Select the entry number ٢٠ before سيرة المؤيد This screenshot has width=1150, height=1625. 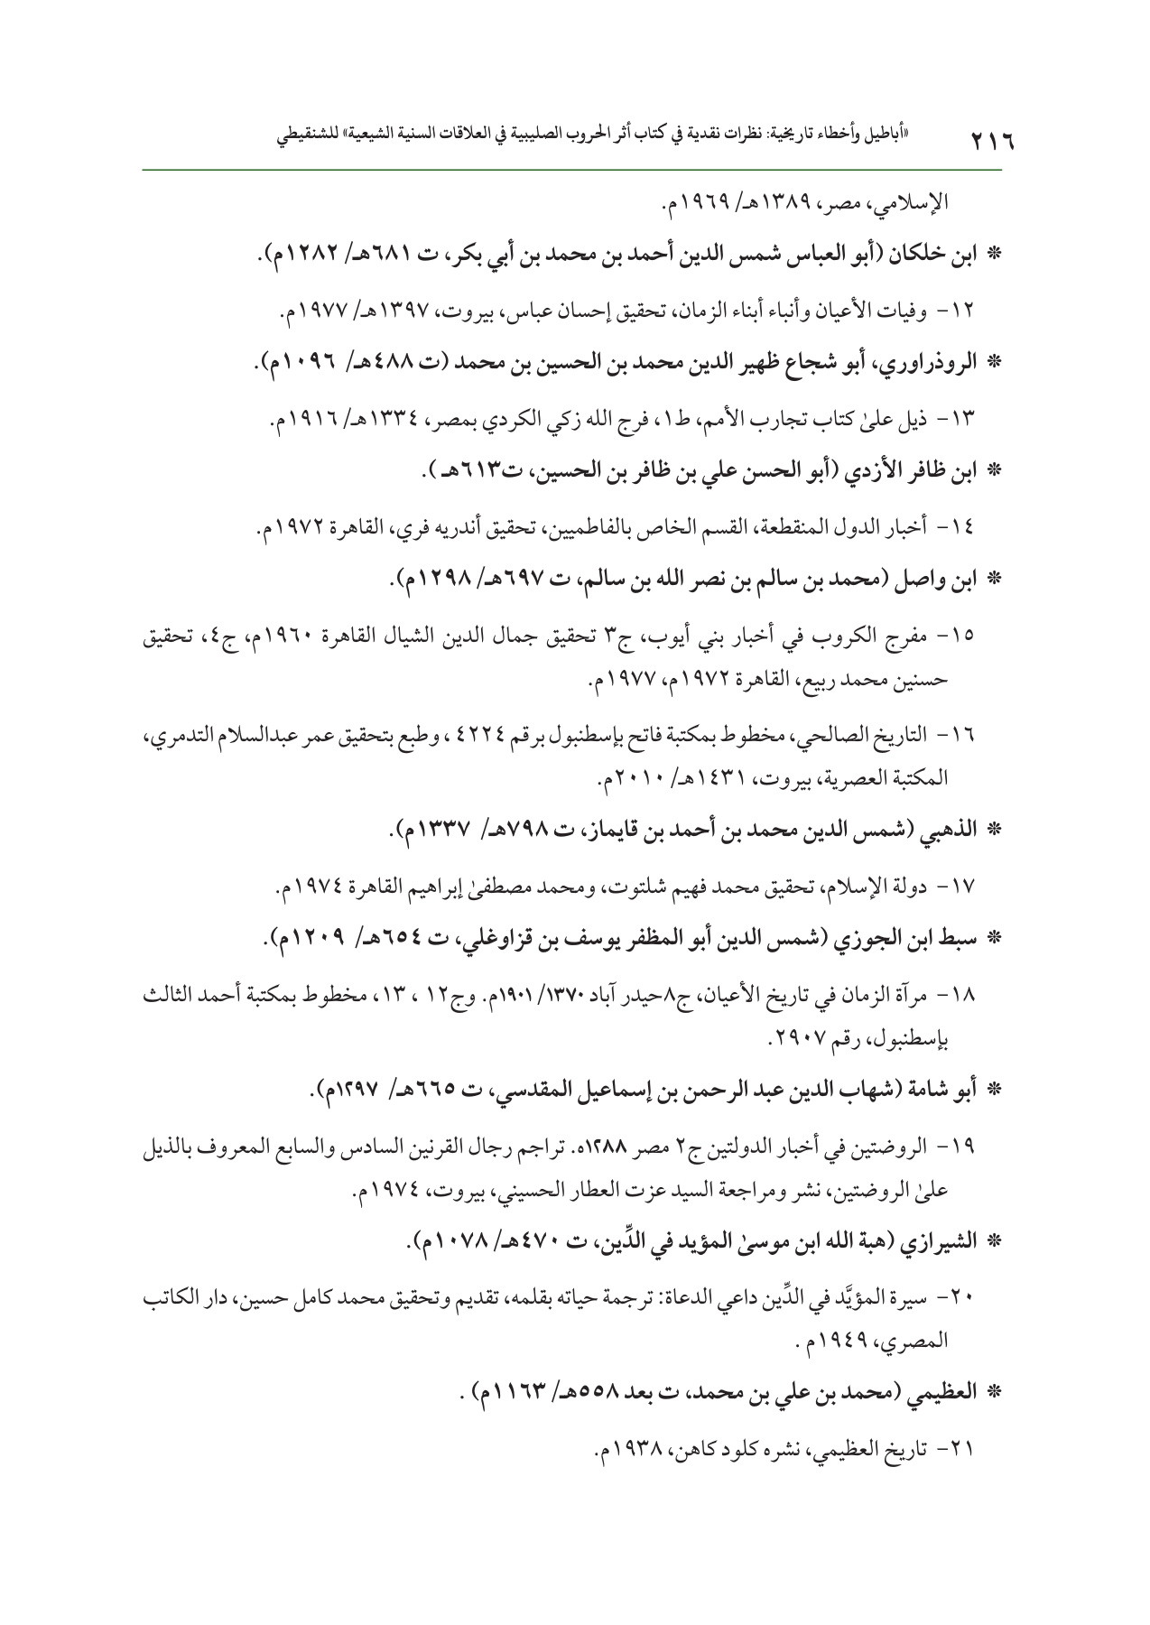[x=991, y=1298]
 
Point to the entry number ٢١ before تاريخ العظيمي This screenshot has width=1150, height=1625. [x=991, y=1452]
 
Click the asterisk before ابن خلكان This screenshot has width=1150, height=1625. [x=997, y=255]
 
